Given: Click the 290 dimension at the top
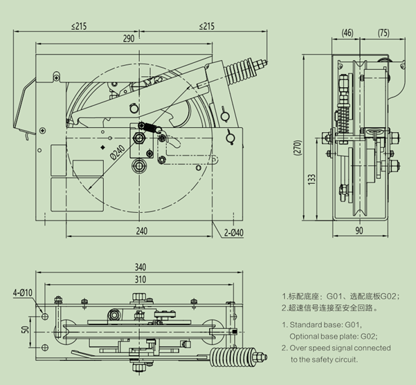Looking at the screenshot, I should pos(129,39).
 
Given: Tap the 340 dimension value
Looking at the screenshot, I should pos(141,267).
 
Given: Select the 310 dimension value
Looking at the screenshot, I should pos(141,279).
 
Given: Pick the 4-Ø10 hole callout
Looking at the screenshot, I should pos(23,293).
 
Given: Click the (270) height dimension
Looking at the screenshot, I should pos(296,149).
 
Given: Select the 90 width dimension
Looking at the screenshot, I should pos(359,231).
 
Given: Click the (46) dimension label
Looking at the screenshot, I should pos(347,32).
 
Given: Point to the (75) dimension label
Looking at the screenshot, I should pos(384,32).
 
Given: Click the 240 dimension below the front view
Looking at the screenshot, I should pos(141,231).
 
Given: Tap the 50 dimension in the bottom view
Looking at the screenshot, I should pos(25,330).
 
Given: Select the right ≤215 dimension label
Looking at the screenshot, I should pos(206,26).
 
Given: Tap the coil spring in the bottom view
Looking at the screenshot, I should pos(228,360).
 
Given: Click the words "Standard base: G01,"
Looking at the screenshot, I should pos(325,323).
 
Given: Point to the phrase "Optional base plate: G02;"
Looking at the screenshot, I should pos(338,335).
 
